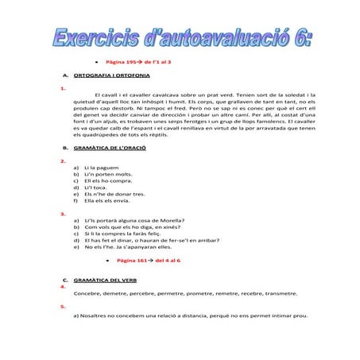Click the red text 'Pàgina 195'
point(121,60)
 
